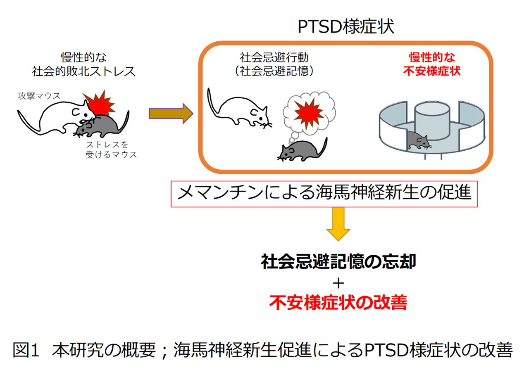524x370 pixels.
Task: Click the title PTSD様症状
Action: click(x=346, y=27)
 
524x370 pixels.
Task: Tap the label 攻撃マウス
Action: click(x=39, y=96)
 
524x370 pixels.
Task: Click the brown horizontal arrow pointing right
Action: click(x=171, y=114)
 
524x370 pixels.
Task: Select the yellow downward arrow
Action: click(x=338, y=224)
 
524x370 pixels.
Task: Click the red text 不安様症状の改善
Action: click(x=338, y=302)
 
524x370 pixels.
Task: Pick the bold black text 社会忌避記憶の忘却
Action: click(x=338, y=261)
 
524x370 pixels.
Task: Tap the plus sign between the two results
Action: click(x=338, y=284)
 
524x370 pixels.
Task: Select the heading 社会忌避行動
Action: click(x=274, y=57)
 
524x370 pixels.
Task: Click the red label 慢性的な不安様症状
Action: click(x=432, y=64)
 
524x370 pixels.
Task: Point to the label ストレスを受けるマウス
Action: click(x=111, y=149)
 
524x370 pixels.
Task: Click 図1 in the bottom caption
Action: click(x=26, y=350)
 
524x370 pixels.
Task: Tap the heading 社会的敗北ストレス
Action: click(x=83, y=71)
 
